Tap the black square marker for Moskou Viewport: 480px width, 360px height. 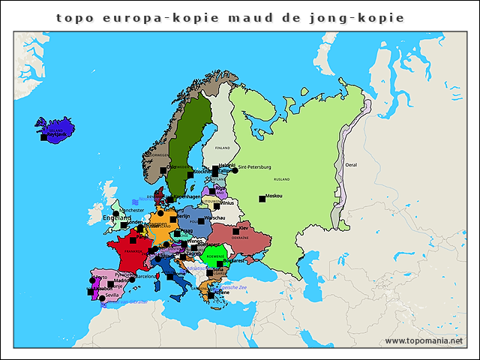point(262,199)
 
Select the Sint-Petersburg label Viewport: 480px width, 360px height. point(254,167)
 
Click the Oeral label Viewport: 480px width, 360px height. point(351,164)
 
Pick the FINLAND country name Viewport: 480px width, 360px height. point(223,148)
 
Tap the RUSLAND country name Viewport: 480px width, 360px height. point(282,180)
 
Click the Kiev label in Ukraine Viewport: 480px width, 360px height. point(244,227)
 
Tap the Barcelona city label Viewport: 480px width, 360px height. point(145,276)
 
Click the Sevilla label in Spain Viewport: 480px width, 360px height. point(113,295)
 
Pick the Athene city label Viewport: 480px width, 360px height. point(222,292)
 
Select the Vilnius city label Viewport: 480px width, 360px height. point(228,202)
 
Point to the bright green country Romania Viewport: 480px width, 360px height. point(213,257)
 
